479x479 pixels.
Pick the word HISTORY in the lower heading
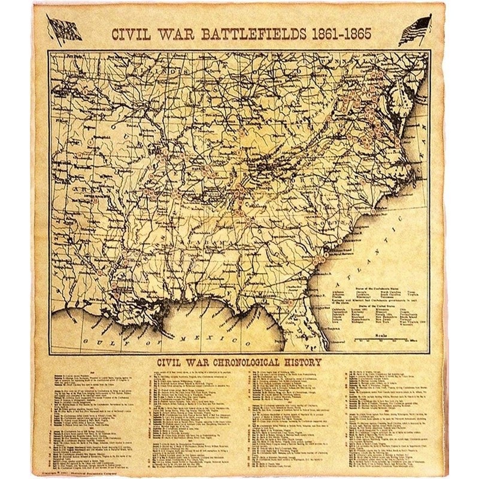tap(303, 362)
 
